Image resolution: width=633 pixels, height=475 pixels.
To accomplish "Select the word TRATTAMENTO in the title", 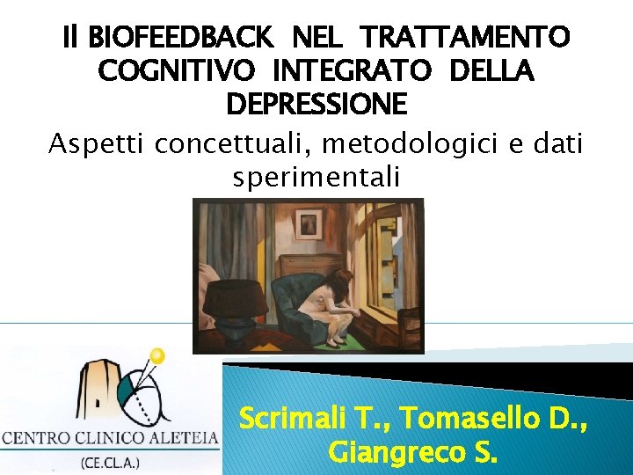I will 466,38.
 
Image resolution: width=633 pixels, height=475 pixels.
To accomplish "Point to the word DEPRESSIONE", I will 316,105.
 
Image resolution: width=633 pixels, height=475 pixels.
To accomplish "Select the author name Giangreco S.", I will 412,452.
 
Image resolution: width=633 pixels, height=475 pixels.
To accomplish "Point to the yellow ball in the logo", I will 158,355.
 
